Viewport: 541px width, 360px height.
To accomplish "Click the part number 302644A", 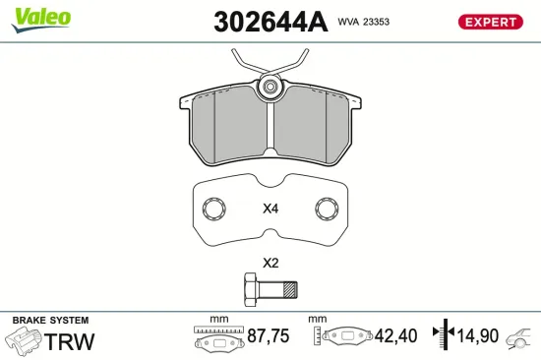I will tap(270, 22).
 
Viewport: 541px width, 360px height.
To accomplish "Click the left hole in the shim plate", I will tap(212, 209).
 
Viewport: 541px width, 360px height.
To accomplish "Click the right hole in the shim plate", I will tap(326, 209).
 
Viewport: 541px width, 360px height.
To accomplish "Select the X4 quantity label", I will tap(270, 209).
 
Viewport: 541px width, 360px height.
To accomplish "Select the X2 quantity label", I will tap(270, 263).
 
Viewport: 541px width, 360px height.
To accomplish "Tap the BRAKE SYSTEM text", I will tap(50, 321).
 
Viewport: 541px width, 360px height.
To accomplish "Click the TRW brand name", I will tap(71, 341).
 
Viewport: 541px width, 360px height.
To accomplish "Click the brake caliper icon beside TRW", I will tap(24, 341).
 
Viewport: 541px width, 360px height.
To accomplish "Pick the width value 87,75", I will tap(267, 336).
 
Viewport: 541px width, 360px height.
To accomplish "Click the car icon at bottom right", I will tap(519, 339).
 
